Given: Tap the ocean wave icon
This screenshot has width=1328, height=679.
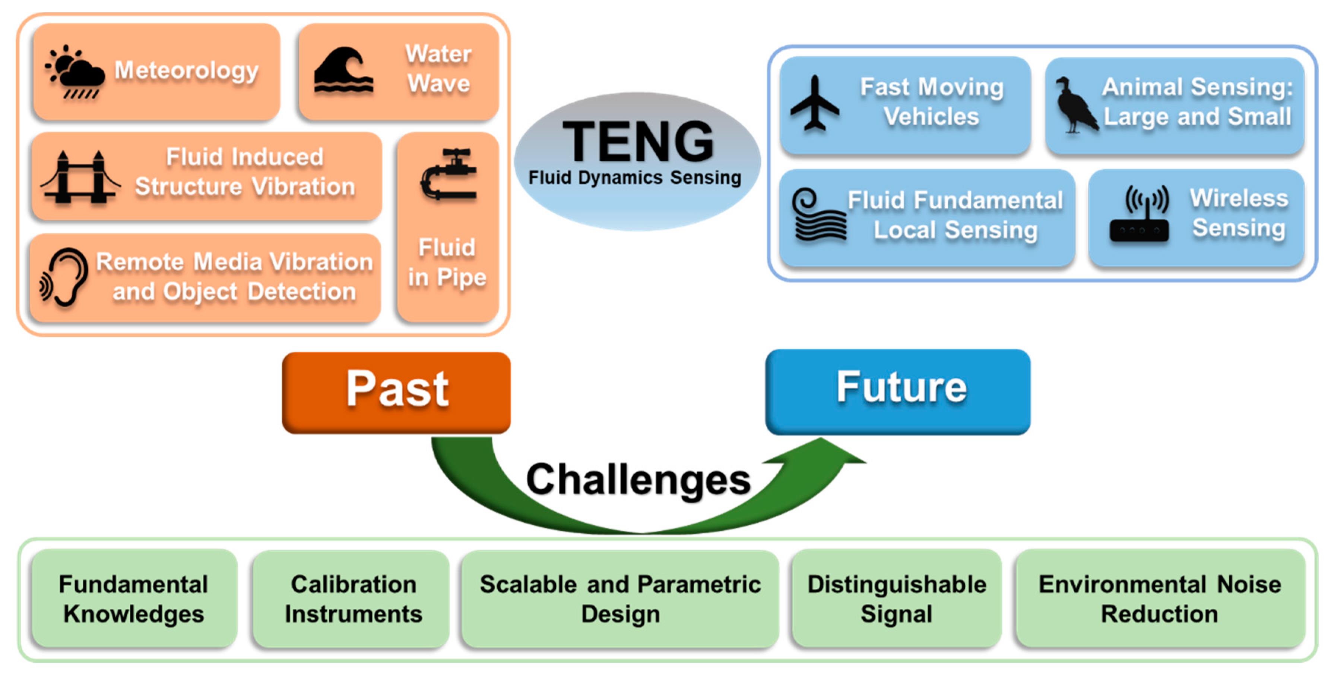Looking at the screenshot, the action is [343, 71].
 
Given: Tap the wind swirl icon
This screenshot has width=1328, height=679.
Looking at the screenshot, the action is [819, 215].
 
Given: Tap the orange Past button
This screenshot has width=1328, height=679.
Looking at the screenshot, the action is [396, 393].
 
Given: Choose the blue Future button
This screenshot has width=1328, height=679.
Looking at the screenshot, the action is [898, 392].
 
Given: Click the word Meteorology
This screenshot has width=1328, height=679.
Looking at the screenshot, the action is [187, 71].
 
